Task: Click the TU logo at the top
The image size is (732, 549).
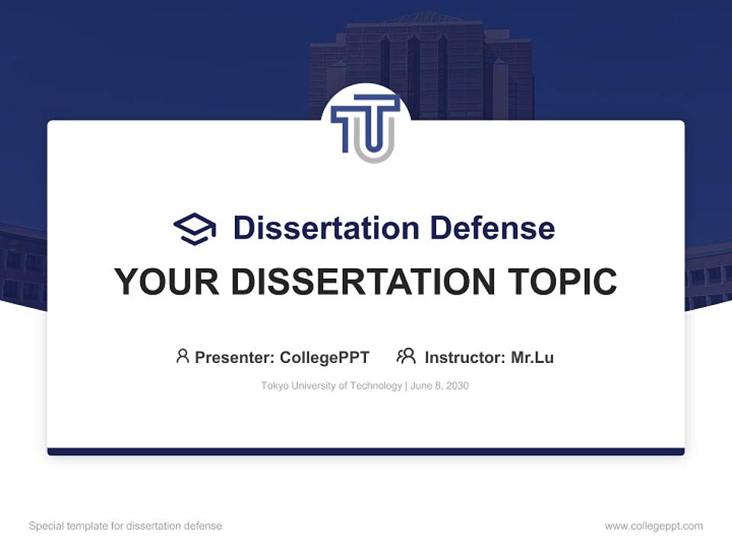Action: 366,126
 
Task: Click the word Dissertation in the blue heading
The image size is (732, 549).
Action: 326,228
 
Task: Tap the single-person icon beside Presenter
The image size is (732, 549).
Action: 182,356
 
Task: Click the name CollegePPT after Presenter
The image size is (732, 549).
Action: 325,357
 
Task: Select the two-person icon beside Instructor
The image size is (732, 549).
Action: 406,356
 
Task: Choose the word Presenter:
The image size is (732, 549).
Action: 235,357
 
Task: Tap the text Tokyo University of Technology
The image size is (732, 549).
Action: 331,386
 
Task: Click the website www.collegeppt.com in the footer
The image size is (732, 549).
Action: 653,526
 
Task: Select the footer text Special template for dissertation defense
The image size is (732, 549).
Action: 125,526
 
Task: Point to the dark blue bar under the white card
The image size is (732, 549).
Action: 366,451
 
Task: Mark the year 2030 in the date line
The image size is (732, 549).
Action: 457,386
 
